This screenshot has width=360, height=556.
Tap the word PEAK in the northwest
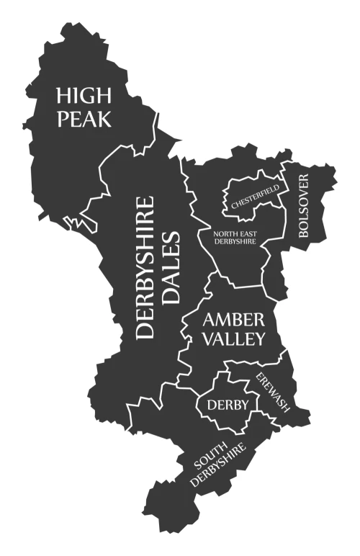coord(84,118)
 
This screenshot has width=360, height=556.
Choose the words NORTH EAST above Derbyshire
coord(235,233)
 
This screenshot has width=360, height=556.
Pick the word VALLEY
coord(234,338)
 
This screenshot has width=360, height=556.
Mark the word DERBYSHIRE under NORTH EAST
coord(235,242)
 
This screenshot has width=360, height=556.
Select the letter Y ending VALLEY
coord(259,338)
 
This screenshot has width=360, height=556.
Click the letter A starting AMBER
coord(210,319)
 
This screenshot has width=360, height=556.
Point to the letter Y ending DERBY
coord(245,405)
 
